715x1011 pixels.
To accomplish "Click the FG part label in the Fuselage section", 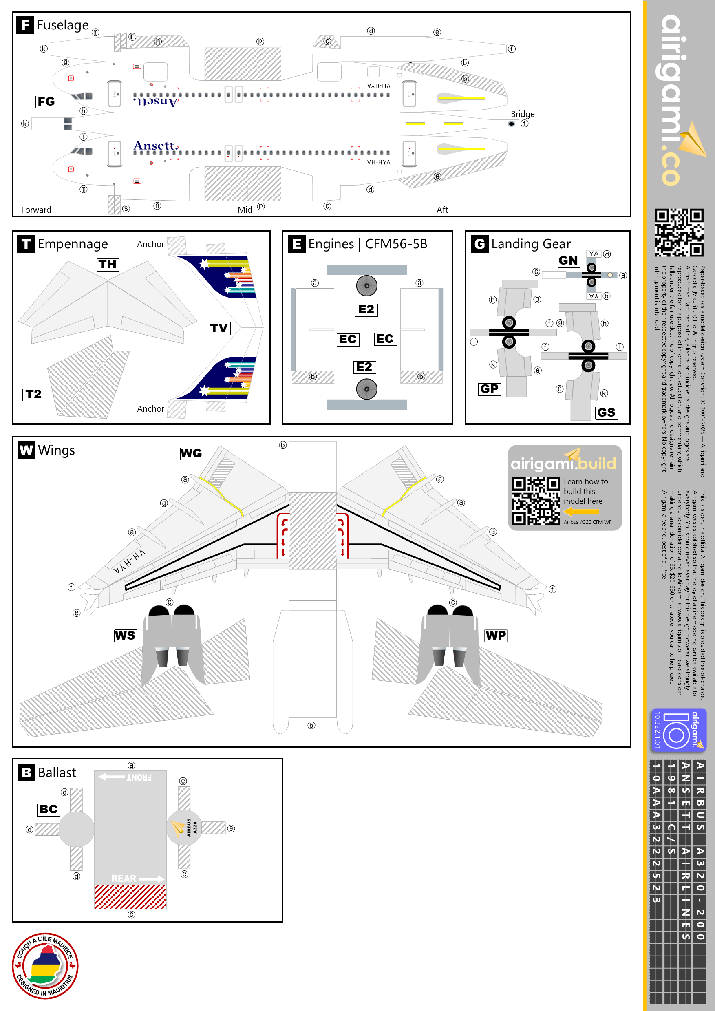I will pos(46,102).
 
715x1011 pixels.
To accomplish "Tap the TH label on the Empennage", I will pos(108,264).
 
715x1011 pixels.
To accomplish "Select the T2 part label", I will pos(33,394).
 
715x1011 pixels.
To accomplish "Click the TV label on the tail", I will pos(219,328).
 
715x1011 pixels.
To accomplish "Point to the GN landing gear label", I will pos(568,260).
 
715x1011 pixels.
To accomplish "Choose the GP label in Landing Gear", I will pos(489,389).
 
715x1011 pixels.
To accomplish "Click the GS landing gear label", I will pos(606,413).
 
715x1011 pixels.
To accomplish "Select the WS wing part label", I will pos(126,636).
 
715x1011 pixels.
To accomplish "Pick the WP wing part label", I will pos(496,636).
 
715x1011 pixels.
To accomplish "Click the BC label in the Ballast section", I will pos(49,809).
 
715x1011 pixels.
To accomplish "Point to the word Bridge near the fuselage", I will pos(523,114).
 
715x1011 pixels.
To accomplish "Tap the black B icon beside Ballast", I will pos(26,773).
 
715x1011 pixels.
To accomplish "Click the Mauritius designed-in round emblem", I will pos(45,966).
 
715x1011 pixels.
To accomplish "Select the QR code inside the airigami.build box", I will pos(536,501).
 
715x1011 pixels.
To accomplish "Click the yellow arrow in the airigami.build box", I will pos(581,512).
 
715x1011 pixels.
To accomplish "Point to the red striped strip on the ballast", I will pos(130,896).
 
